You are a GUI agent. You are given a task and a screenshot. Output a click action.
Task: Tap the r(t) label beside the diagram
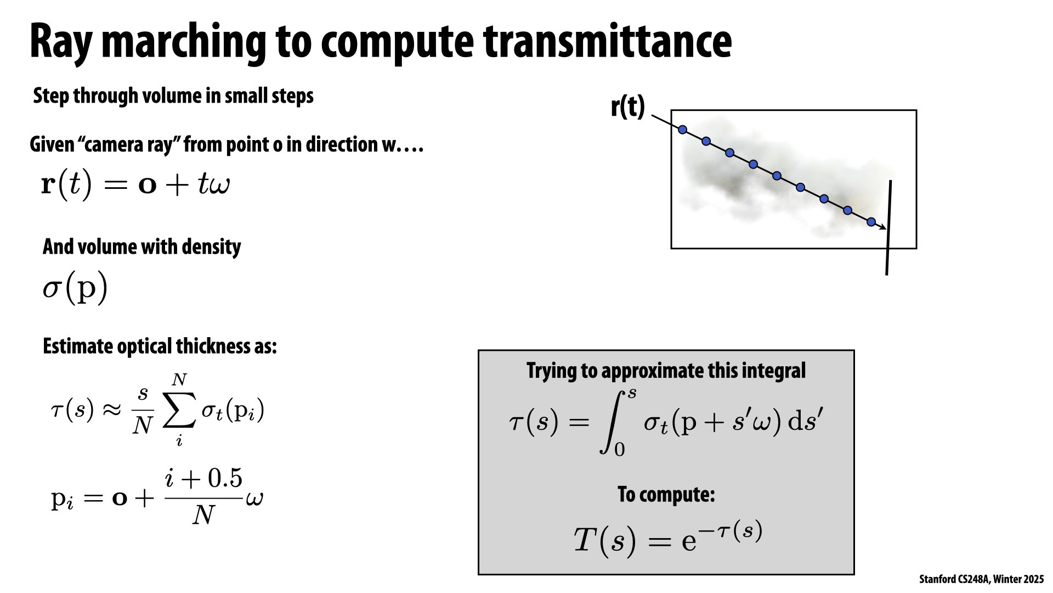click(x=628, y=107)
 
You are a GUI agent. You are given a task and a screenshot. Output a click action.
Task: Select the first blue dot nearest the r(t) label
click(x=682, y=130)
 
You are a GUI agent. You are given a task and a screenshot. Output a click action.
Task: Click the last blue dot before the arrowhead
click(x=871, y=222)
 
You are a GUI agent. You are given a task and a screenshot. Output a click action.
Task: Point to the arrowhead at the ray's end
click(x=882, y=227)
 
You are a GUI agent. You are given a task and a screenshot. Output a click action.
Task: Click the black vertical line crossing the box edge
click(x=888, y=227)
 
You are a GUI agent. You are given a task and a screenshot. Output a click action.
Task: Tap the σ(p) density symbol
click(x=75, y=287)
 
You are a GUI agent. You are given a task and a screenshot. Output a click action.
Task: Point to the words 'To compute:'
click(x=666, y=494)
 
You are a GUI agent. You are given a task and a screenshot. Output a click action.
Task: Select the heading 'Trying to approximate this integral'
click(x=666, y=371)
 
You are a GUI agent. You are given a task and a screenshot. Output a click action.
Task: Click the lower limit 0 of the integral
click(x=619, y=450)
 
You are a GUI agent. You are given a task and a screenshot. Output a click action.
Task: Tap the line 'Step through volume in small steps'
click(x=173, y=96)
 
